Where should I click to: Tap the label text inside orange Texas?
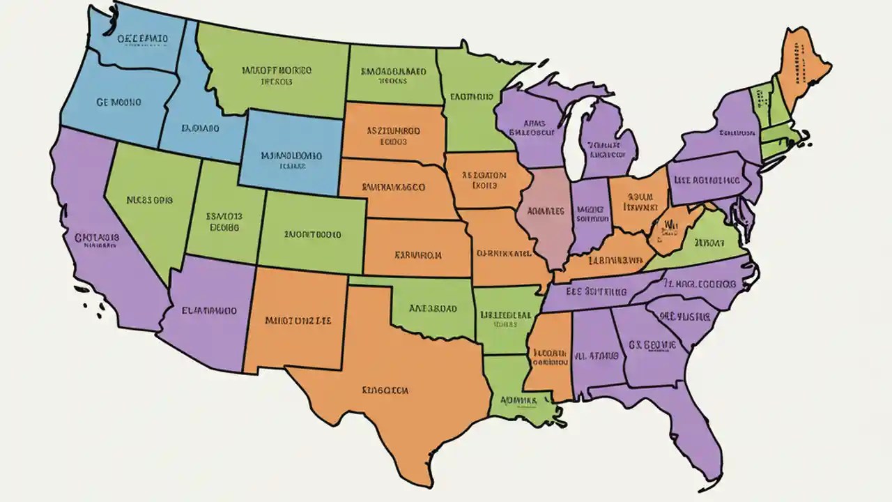[x=385, y=390]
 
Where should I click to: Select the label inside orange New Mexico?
[x=298, y=321]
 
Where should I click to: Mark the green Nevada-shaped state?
[x=150, y=202]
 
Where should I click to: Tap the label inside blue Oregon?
[x=118, y=102]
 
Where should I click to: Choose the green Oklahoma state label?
[x=432, y=307]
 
